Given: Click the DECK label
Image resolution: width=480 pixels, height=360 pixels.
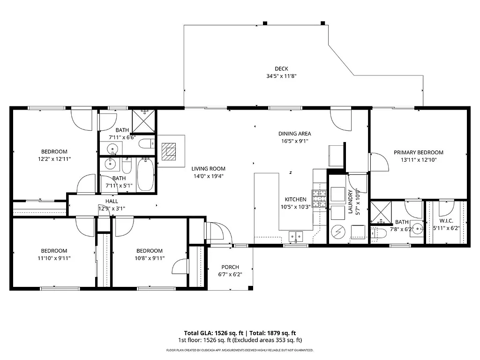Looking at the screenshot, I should click(281, 69).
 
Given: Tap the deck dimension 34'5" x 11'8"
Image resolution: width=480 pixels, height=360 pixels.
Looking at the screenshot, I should click(281, 76).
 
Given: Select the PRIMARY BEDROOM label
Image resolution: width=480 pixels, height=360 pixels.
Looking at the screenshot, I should click(418, 152).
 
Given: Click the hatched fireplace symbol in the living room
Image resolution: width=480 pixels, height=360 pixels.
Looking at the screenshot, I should click(168, 151).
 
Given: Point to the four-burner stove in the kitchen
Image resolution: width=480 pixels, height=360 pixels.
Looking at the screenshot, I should click(320, 199).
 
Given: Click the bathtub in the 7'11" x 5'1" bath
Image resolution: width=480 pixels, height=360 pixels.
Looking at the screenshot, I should click(145, 175).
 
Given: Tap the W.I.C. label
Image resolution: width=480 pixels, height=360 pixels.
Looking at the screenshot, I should click(445, 221).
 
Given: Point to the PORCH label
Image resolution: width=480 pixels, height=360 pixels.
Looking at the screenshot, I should click(230, 267).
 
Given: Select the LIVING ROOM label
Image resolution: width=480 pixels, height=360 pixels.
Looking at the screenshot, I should click(208, 169).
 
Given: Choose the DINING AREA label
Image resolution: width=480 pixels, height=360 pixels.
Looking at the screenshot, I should click(294, 134).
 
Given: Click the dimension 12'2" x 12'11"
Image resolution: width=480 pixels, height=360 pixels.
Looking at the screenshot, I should click(54, 159).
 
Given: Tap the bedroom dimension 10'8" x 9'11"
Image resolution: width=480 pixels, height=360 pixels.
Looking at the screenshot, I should click(150, 258).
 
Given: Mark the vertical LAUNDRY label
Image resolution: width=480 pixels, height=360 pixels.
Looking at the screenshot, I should click(350, 202).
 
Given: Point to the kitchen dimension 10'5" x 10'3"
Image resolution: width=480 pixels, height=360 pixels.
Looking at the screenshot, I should click(295, 207).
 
